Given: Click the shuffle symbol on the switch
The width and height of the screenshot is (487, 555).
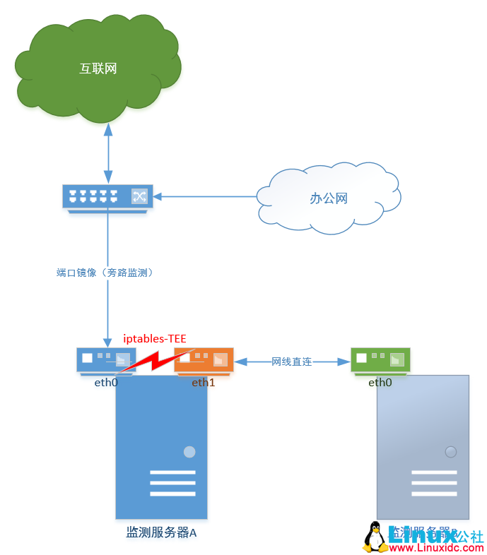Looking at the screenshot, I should [139, 196].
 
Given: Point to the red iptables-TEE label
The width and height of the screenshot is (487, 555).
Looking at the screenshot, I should [155, 339].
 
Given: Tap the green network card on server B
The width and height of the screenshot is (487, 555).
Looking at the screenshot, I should [380, 359].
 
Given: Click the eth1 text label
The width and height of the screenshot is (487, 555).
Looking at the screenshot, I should [204, 383].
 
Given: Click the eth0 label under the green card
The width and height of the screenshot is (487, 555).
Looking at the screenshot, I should [380, 383].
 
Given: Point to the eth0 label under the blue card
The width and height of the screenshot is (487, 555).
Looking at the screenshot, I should [106, 383].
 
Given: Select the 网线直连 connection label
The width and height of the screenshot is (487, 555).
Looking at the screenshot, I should [292, 362].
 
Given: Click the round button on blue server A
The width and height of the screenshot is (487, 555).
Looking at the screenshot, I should [189, 452].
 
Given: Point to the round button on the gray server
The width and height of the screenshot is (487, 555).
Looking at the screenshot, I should [450, 452].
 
